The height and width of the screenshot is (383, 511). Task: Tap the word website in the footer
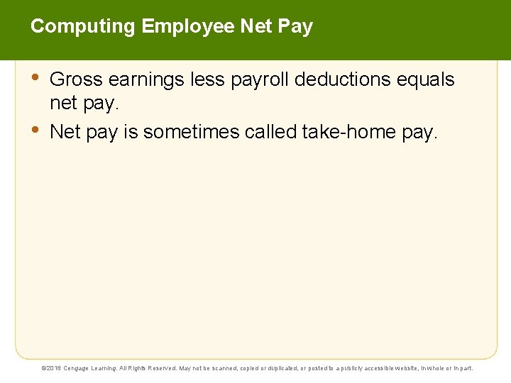click(406, 368)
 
